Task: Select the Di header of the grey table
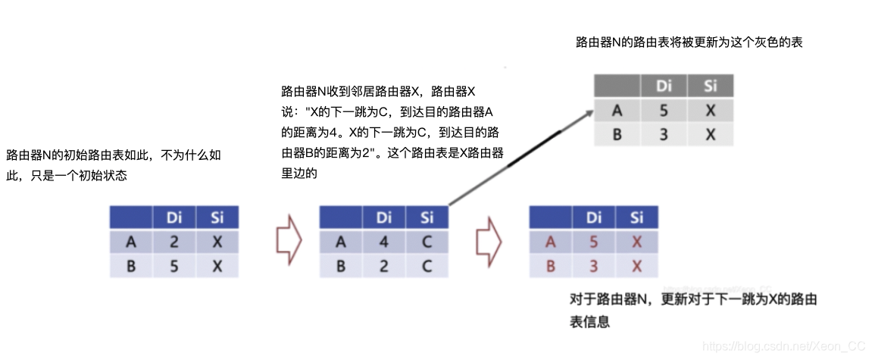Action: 664,86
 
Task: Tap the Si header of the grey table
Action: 710,86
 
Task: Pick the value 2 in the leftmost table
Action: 174,243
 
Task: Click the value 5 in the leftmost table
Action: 174,267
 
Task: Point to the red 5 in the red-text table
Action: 593,243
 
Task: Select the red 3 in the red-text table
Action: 593,267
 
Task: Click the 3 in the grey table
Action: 664,134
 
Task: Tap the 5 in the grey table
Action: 664,111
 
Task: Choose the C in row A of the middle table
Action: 427,243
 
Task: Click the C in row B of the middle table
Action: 427,267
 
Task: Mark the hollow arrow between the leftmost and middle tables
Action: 289,242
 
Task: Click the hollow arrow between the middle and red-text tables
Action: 488,242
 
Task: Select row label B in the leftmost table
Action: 131,267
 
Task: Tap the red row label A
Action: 551,243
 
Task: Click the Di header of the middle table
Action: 383,218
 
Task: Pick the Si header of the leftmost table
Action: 217,218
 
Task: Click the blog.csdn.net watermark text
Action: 783,346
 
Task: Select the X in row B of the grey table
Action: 710,134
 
